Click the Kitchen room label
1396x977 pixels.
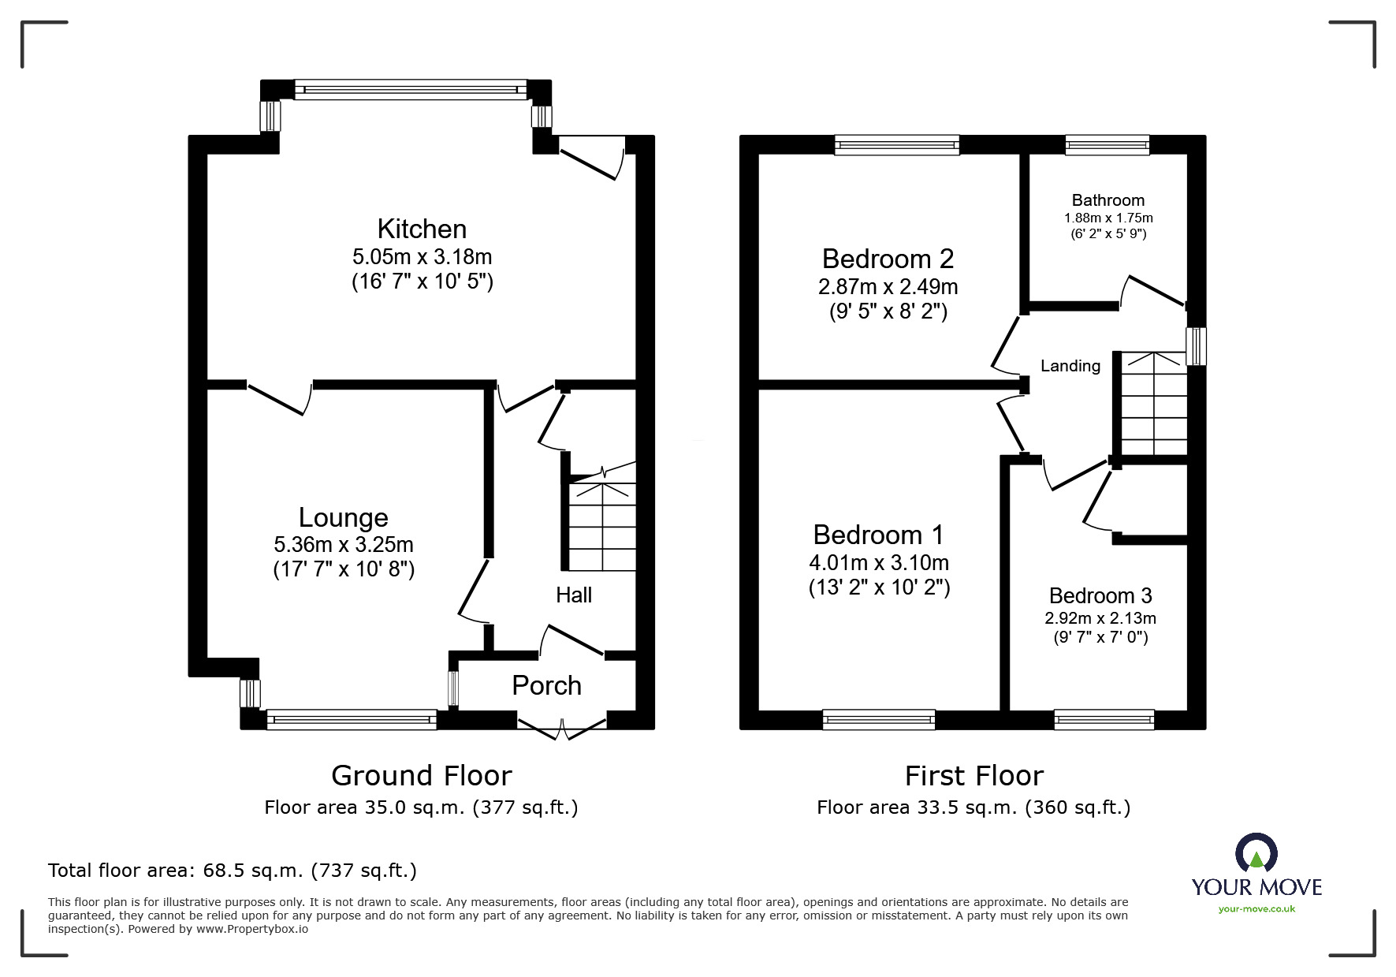point(422,229)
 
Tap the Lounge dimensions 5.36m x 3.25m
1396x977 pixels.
point(344,544)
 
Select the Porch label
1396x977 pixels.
point(546,685)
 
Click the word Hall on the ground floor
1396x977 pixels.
point(573,595)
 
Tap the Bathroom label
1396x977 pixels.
point(1107,200)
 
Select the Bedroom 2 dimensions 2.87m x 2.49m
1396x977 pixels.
point(888,286)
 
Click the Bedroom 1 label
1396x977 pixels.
point(878,535)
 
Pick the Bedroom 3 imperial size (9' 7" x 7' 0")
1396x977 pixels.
point(1100,637)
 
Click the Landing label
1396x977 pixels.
point(1070,366)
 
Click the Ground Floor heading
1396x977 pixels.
point(421,776)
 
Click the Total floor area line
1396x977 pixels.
point(232,871)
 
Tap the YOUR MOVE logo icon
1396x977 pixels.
point(1256,854)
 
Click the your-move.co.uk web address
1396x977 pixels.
point(1256,909)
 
